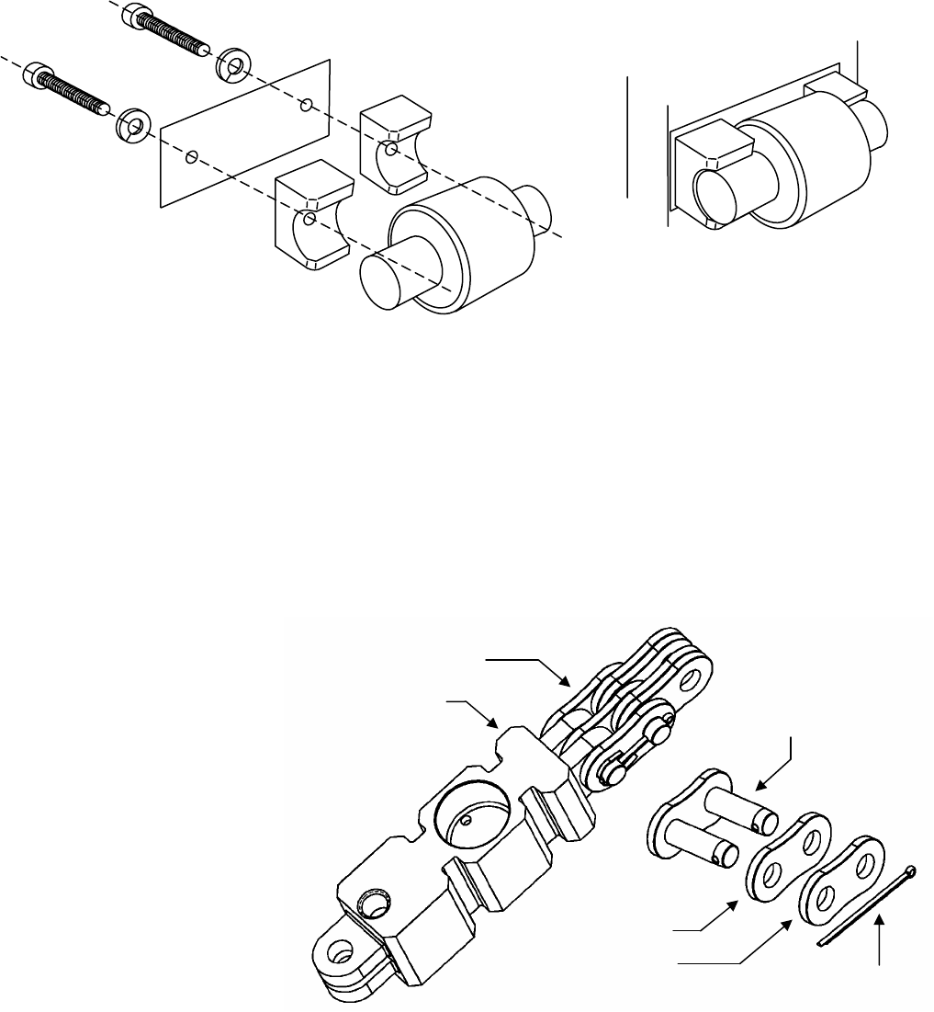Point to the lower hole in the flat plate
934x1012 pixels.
click(190, 157)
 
